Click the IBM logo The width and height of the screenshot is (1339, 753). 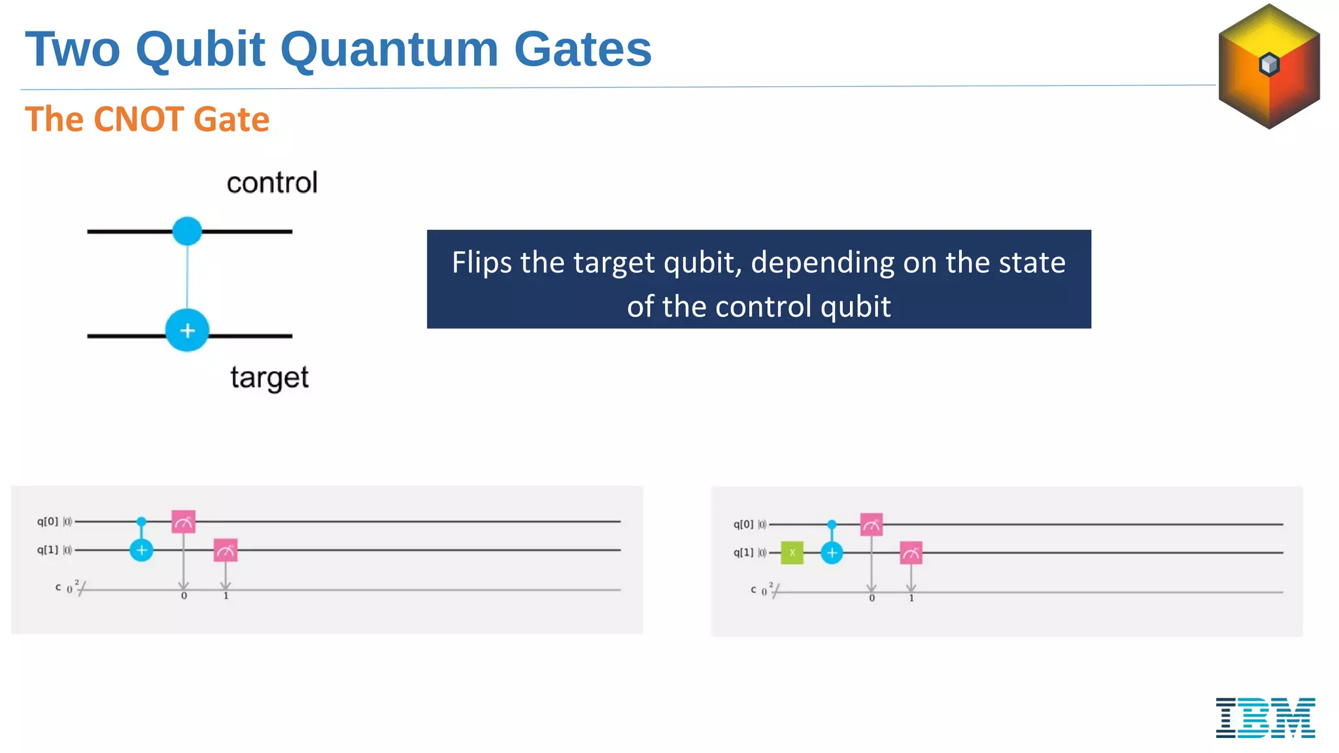(x=1265, y=717)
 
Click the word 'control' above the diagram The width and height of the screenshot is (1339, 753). (x=272, y=183)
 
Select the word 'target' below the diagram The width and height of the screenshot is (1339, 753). (x=269, y=378)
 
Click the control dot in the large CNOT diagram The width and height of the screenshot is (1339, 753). (x=187, y=231)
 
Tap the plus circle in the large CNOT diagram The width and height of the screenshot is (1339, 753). (x=187, y=331)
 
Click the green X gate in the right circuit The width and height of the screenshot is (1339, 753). (x=792, y=553)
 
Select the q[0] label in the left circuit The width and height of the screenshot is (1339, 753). (x=48, y=522)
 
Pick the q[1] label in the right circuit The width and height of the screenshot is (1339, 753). (x=743, y=553)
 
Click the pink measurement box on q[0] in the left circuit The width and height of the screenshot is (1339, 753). (x=184, y=522)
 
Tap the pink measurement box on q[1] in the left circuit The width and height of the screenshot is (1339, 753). (x=226, y=550)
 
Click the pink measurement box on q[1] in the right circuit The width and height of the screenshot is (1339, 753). (x=911, y=553)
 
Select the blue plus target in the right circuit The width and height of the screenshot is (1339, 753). (x=832, y=553)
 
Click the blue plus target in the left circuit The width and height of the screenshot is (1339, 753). (x=141, y=550)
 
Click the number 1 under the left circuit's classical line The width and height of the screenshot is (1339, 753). (x=226, y=596)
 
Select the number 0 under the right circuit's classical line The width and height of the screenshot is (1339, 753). (x=872, y=598)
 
